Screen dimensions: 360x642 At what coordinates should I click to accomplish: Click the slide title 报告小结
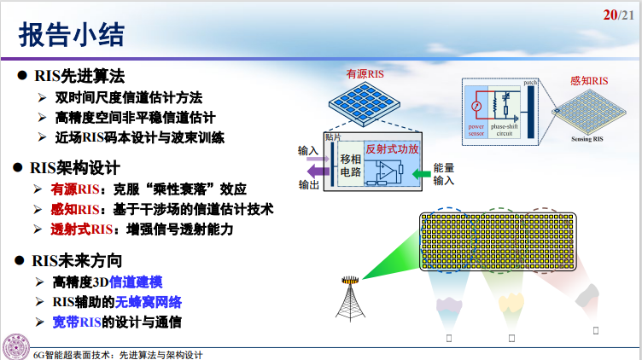coord(73,34)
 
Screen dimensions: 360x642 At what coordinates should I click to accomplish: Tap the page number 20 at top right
coord(610,15)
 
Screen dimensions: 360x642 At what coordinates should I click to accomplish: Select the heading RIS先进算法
coord(78,75)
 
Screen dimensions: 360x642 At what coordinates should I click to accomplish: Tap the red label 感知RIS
coord(589,81)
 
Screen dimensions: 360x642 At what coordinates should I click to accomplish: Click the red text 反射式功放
coord(391,148)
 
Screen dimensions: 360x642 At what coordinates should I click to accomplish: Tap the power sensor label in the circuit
coord(476,131)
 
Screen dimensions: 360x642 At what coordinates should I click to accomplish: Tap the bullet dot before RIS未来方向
coord(23,260)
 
